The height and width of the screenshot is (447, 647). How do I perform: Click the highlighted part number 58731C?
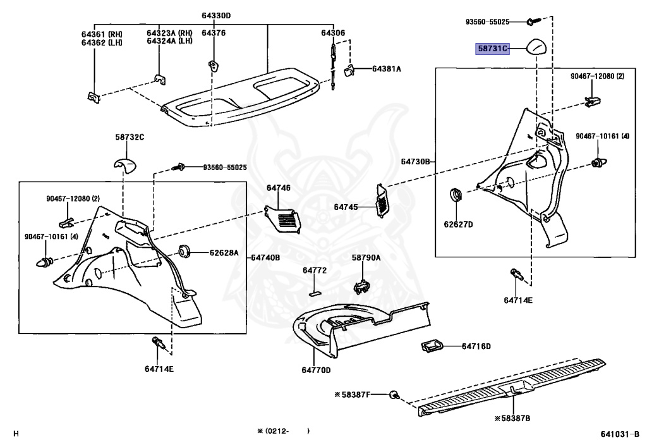(x=492, y=49)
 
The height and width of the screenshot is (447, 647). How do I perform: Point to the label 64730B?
(x=414, y=162)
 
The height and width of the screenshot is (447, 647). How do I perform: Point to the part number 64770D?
(x=316, y=370)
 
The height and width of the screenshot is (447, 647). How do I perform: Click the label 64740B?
(x=265, y=257)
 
